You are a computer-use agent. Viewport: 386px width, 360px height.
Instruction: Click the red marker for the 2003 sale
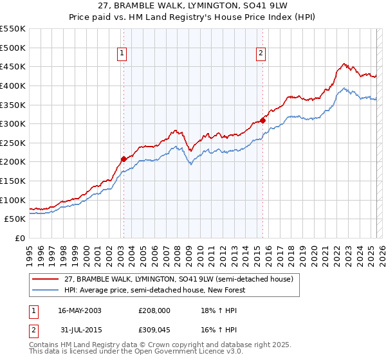tap(124, 158)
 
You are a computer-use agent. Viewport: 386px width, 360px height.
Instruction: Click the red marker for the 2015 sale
tap(262, 120)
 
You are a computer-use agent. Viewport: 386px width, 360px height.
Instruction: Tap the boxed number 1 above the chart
tap(122, 54)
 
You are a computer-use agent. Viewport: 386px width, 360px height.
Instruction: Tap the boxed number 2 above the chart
tap(261, 54)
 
